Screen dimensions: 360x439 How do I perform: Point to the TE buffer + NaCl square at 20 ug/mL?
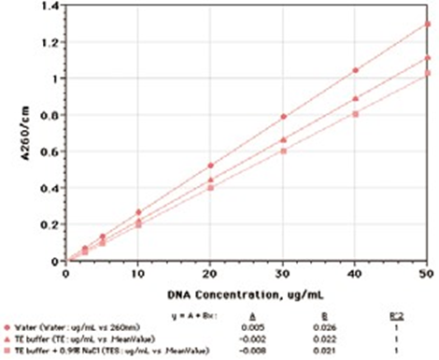pyautogui.click(x=211, y=188)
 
